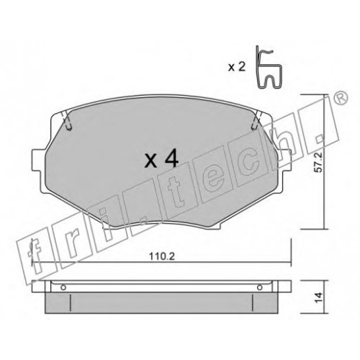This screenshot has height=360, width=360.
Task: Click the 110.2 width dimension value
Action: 162,256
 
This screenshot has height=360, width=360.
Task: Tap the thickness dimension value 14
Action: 319,297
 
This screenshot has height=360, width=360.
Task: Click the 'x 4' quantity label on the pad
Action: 161,158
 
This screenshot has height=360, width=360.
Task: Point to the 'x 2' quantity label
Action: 237,67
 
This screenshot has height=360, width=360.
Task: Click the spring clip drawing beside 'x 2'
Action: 269,67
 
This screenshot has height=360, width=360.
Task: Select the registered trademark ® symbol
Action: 341,98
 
